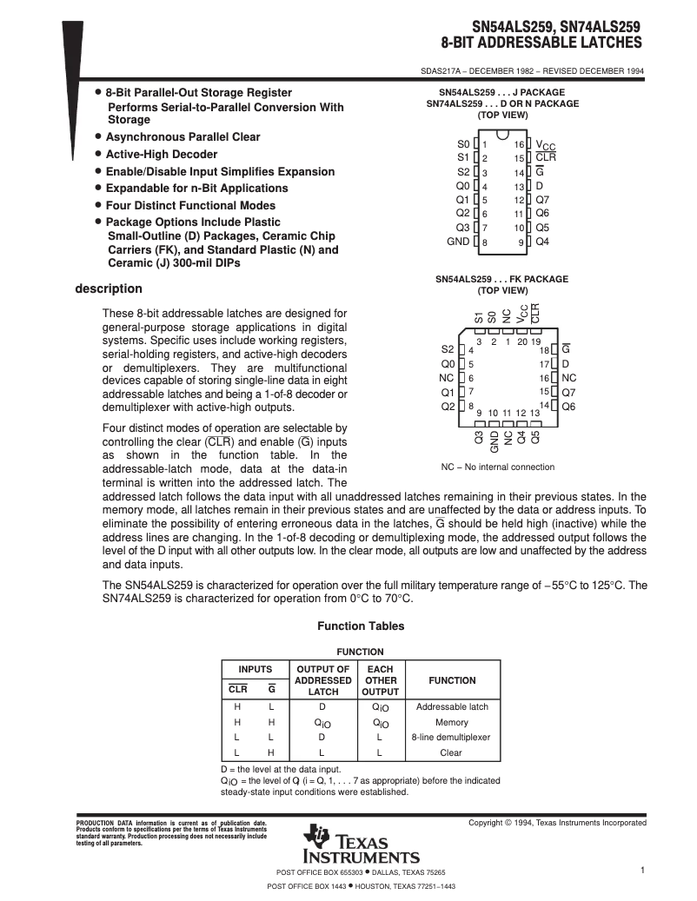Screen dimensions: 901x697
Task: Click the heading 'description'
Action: coord(109,288)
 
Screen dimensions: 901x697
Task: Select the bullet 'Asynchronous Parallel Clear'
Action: coord(183,136)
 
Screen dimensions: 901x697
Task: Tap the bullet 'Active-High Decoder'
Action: coord(161,154)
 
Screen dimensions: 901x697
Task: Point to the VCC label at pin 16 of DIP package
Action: coord(545,144)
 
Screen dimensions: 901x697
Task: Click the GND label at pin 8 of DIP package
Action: coord(457,242)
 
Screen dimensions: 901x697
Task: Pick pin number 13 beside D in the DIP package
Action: coord(518,187)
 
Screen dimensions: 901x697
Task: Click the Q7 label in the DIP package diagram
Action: coord(542,200)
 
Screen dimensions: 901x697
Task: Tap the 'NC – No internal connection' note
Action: coord(497,467)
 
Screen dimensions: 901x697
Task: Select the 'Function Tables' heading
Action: coord(361,626)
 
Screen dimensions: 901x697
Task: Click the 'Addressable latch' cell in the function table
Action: coord(452,706)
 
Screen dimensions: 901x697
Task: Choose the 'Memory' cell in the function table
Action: coord(452,722)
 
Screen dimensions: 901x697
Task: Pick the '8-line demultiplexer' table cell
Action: coord(452,737)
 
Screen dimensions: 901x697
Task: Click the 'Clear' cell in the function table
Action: coord(452,752)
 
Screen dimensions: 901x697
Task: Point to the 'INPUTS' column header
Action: coord(256,669)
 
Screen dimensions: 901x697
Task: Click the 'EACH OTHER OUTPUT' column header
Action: coord(380,680)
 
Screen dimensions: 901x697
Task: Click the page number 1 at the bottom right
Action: coord(641,870)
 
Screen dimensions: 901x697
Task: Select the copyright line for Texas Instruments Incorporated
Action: coord(557,822)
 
